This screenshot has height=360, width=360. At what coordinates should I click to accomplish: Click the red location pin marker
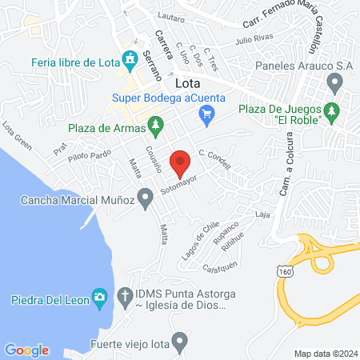(182, 162)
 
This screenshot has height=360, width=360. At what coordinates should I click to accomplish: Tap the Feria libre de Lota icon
(130, 60)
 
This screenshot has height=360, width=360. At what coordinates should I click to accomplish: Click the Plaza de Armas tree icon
(158, 126)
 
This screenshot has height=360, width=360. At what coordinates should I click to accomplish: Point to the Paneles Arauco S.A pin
(335, 82)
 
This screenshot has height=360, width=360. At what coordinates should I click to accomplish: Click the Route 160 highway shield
(285, 273)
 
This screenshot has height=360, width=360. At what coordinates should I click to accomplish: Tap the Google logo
(27, 350)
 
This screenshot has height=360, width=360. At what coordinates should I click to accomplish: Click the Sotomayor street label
(178, 186)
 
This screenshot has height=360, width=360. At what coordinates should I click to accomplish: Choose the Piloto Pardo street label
(89, 157)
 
